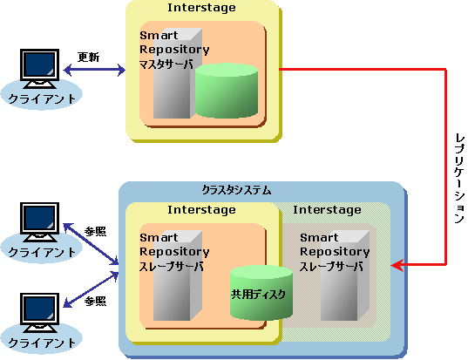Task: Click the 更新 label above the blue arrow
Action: coord(88,57)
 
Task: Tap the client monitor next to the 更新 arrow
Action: coord(39,69)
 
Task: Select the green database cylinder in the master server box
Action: coord(227,90)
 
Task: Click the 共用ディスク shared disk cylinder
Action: coord(261,293)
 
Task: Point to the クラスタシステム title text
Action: coord(236,190)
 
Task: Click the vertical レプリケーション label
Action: coord(459,179)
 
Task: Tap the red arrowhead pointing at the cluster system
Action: coord(397,265)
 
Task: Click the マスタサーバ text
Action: coord(166,65)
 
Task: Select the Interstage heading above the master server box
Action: coord(201,8)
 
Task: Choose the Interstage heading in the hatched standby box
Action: coord(327,210)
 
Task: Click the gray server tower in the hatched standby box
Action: coord(345,275)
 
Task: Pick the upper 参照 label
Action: coord(95,231)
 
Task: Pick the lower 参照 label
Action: coord(95,302)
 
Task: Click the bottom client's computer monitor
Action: coord(39,313)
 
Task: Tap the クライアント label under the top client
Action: coord(42,98)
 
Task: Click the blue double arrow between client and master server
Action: coord(94,71)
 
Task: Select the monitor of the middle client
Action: coord(39,222)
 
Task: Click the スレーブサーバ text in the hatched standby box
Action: coord(331,266)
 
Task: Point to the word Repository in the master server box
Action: coord(174,50)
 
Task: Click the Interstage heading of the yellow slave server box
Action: coord(201,210)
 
